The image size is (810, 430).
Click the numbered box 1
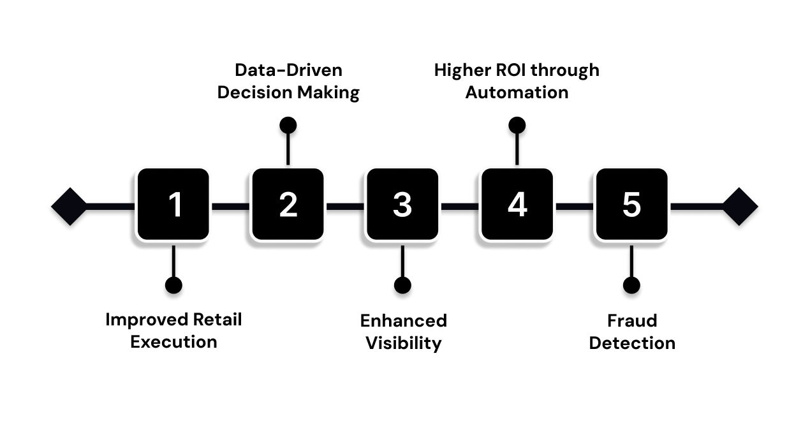(x=173, y=204)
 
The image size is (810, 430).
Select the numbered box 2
(x=288, y=204)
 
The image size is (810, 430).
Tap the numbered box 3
(x=402, y=204)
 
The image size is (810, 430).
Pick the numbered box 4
(x=517, y=204)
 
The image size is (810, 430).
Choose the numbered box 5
(x=631, y=204)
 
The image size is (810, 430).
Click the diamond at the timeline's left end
(x=69, y=207)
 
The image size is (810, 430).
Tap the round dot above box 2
(x=288, y=125)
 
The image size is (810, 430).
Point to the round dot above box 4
(x=517, y=125)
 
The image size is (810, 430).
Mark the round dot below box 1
(x=173, y=285)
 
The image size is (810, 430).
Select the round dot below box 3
(x=402, y=285)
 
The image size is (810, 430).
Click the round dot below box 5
(x=631, y=285)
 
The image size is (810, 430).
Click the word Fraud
(x=631, y=320)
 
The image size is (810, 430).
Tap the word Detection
(x=631, y=343)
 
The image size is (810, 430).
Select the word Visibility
(x=403, y=343)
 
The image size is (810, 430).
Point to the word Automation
(x=517, y=93)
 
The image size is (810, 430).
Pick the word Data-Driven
(x=288, y=70)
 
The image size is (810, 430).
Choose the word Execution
(x=173, y=342)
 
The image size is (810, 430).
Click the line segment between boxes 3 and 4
(x=459, y=207)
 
